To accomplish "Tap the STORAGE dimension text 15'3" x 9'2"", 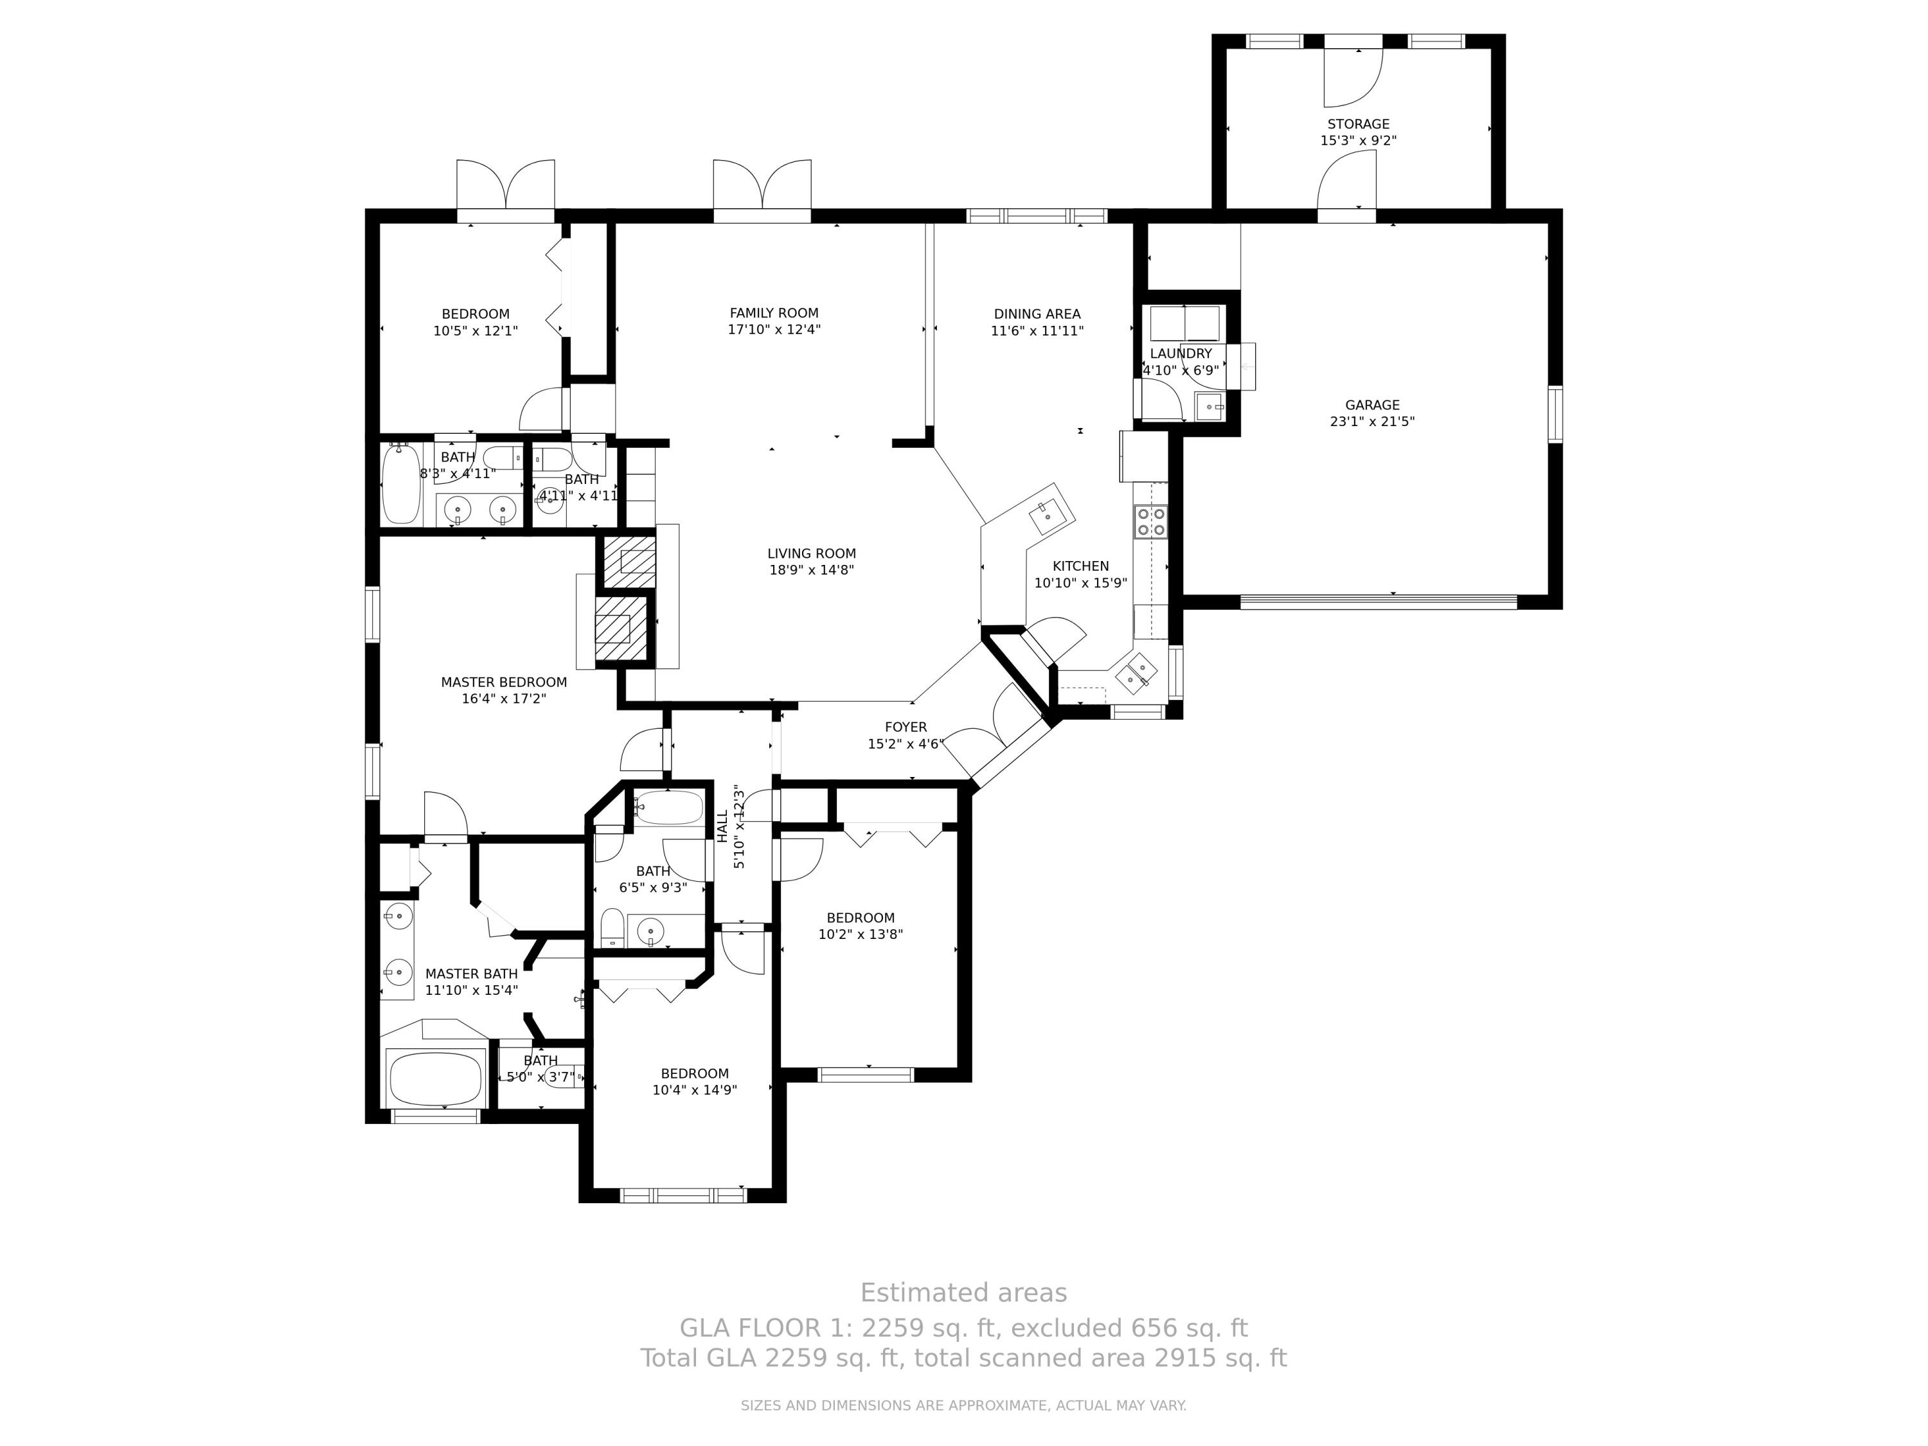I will pos(1358,140).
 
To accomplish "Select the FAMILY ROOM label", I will pos(774,313).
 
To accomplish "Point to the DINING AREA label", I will pos(1037,314).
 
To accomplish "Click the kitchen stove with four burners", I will pos(1150,521).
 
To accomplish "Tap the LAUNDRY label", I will pos(1180,354).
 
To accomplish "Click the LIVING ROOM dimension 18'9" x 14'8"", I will pos(812,570).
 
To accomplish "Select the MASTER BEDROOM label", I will pos(504,683).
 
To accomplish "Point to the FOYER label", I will pos(906,727).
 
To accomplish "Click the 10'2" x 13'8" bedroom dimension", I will pos(861,934).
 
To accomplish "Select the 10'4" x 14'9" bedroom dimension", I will pos(695,1089).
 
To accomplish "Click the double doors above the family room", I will pos(762,185).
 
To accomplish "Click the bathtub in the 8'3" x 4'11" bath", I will pos(401,485).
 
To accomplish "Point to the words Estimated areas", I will pos(963,1292).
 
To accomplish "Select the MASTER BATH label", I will pos(472,974).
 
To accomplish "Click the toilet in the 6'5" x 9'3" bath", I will pos(612,927).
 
